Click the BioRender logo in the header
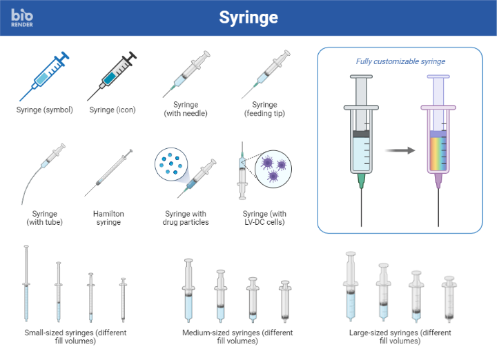[x=22, y=17]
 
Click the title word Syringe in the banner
[x=248, y=17]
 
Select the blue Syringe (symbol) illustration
[x=45, y=76]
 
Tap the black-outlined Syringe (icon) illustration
[x=112, y=76]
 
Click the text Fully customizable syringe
[x=400, y=61]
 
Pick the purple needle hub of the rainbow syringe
[x=438, y=181]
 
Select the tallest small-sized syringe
[x=26, y=283]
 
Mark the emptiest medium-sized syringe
[x=286, y=301]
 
